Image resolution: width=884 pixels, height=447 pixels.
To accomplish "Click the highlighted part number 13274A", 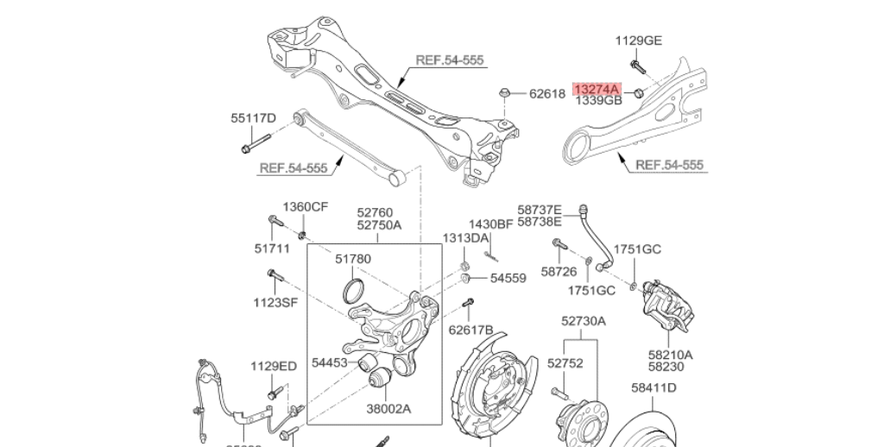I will [x=597, y=89].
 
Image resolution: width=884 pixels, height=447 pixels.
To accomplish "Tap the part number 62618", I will [x=546, y=93].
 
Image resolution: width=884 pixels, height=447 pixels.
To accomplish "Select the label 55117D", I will [x=253, y=118].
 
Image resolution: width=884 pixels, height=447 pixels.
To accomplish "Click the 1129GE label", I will [x=639, y=40].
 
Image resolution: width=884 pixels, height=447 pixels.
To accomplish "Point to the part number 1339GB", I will [x=598, y=101].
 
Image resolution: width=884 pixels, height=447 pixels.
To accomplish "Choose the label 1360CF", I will [x=306, y=207].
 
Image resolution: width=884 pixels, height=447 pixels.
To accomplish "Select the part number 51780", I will [x=353, y=258].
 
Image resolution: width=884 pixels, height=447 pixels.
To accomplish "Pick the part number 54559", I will [x=508, y=278].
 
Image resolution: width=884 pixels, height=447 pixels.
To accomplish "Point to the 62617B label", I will [x=471, y=329].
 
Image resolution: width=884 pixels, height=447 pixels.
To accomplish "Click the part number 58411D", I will [x=654, y=388].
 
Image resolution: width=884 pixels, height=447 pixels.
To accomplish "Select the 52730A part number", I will [x=584, y=321].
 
